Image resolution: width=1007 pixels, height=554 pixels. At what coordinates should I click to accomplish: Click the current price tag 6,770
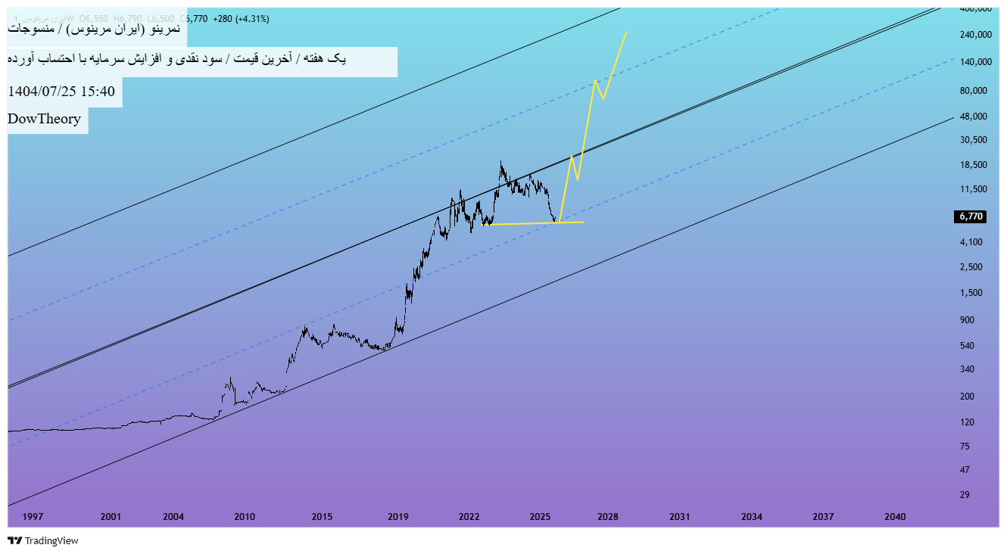tap(971, 216)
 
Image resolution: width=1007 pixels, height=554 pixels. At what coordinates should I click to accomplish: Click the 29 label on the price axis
tap(965, 495)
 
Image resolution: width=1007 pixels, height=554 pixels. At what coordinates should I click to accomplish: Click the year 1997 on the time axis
tap(33, 517)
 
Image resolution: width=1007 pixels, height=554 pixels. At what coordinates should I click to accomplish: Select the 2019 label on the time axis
tap(398, 517)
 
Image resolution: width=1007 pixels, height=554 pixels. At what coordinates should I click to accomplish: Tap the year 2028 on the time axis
tap(607, 517)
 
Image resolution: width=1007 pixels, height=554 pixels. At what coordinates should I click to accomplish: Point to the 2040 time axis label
tap(895, 517)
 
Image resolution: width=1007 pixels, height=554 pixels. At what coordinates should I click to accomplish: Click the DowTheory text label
tap(44, 119)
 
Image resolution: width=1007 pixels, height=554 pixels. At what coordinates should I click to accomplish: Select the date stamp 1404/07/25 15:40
tap(61, 92)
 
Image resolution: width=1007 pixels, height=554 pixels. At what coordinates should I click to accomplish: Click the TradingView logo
tap(43, 540)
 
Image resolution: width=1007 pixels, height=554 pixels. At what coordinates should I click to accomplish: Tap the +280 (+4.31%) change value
tap(241, 18)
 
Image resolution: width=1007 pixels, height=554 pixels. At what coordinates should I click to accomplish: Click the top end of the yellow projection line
tap(626, 32)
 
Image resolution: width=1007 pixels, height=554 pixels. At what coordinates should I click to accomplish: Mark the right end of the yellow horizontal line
tap(583, 222)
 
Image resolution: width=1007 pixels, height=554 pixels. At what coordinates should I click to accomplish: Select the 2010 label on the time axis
tap(245, 517)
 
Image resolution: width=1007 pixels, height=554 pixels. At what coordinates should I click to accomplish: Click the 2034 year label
tap(751, 517)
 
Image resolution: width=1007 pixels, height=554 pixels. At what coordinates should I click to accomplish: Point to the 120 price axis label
tap(966, 422)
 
